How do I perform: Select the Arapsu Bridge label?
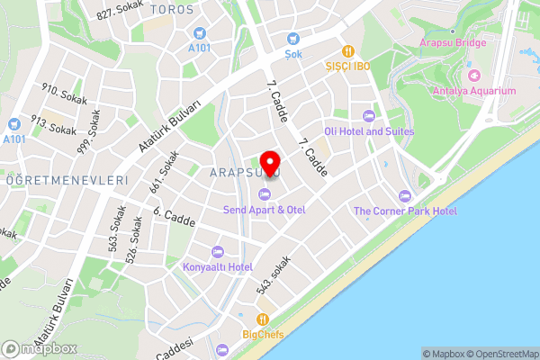pyautogui.click(x=454, y=42)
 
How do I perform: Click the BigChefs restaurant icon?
pyautogui.click(x=263, y=319)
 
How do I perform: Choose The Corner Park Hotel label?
pyautogui.click(x=405, y=211)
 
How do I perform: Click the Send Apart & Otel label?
pyautogui.click(x=264, y=210)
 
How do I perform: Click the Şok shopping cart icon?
pyautogui.click(x=292, y=38)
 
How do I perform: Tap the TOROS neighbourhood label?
pyautogui.click(x=173, y=9)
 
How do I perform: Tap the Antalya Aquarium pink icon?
pyautogui.click(x=474, y=75)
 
